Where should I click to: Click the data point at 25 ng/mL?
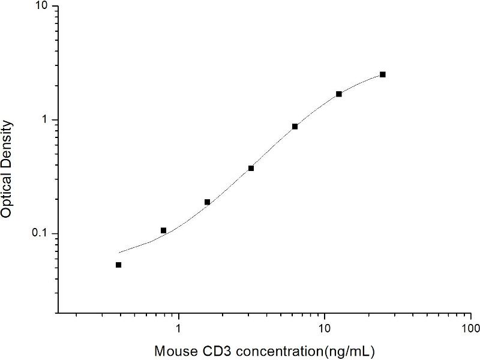[383, 74]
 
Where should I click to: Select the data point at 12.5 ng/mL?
[339, 94]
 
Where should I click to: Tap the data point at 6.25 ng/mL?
[295, 127]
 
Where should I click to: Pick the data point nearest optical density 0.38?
[251, 168]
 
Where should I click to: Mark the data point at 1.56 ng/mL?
[207, 202]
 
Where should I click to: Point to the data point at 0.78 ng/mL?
[163, 230]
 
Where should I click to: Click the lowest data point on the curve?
[119, 265]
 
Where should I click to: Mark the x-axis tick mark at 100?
[471, 314]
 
